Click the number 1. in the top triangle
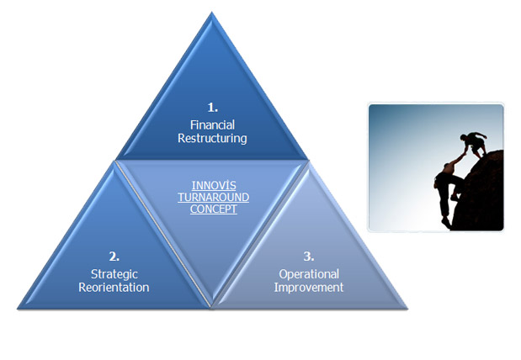(213, 108)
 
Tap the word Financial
(212, 124)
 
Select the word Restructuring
(212, 138)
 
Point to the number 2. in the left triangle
(114, 257)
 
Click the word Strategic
(114, 274)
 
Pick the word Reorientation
(114, 288)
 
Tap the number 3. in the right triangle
(309, 257)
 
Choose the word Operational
(309, 274)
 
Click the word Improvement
(309, 288)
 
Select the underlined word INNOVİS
(214, 185)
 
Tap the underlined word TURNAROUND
(213, 198)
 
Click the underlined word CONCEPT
(214, 209)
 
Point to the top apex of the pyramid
(211, 13)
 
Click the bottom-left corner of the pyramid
(18, 309)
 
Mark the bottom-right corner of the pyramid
(407, 309)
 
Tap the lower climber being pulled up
(448, 193)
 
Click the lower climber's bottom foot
(446, 222)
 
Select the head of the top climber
(464, 137)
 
